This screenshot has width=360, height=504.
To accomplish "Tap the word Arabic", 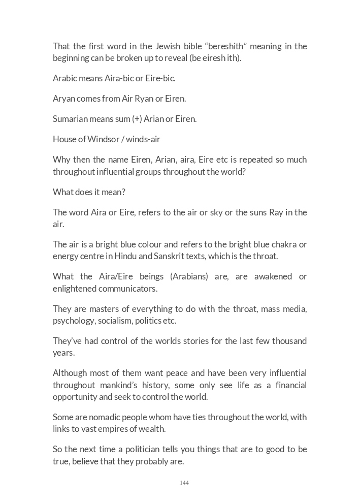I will [64, 78].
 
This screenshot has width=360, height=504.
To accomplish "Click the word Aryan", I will [63, 99].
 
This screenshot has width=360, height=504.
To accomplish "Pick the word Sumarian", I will [70, 119].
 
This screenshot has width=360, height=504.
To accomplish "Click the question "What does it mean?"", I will [89, 192].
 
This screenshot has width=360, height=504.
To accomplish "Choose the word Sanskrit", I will [148, 256].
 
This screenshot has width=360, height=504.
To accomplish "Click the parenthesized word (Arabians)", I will [189, 277].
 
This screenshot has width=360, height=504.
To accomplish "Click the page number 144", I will [184, 483].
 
